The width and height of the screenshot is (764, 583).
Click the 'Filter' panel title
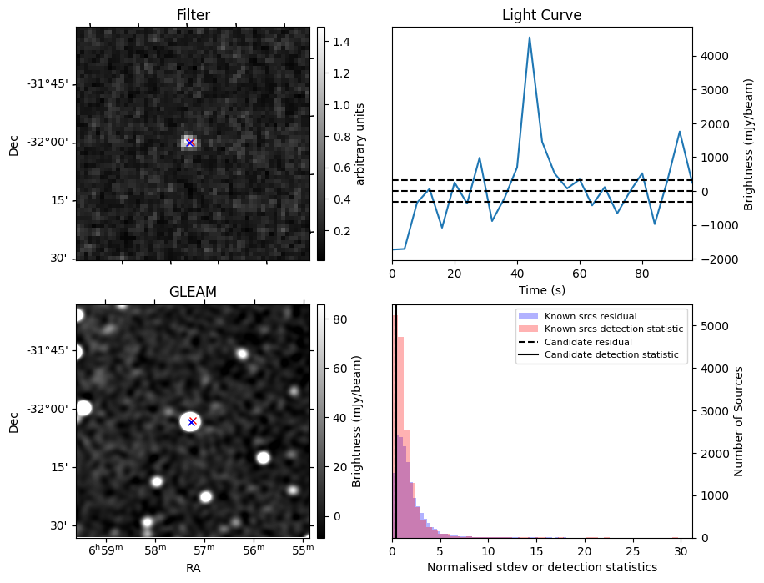click(x=193, y=15)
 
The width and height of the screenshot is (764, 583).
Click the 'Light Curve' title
click(x=541, y=15)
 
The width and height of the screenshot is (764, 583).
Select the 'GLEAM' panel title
click(x=193, y=292)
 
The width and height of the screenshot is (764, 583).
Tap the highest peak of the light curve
click(x=530, y=38)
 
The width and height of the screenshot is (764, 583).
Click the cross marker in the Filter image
click(x=190, y=143)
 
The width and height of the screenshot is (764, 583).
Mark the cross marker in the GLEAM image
click(x=192, y=421)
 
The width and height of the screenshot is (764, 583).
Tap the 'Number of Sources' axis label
click(x=739, y=421)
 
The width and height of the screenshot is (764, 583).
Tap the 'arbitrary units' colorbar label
click(x=360, y=143)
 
